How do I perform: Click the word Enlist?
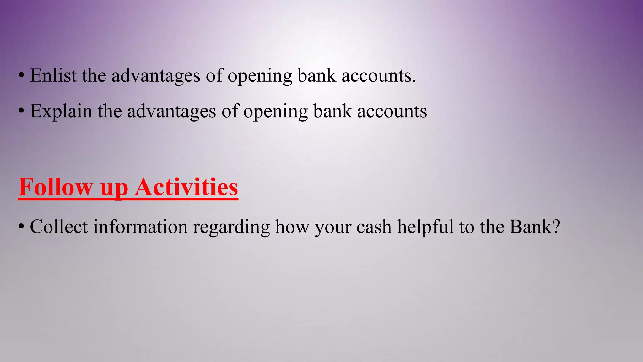click(x=53, y=76)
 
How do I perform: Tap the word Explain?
click(x=61, y=111)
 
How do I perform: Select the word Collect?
click(x=59, y=227)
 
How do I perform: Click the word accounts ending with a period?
click(x=379, y=76)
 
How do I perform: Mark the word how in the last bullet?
click(x=292, y=227)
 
